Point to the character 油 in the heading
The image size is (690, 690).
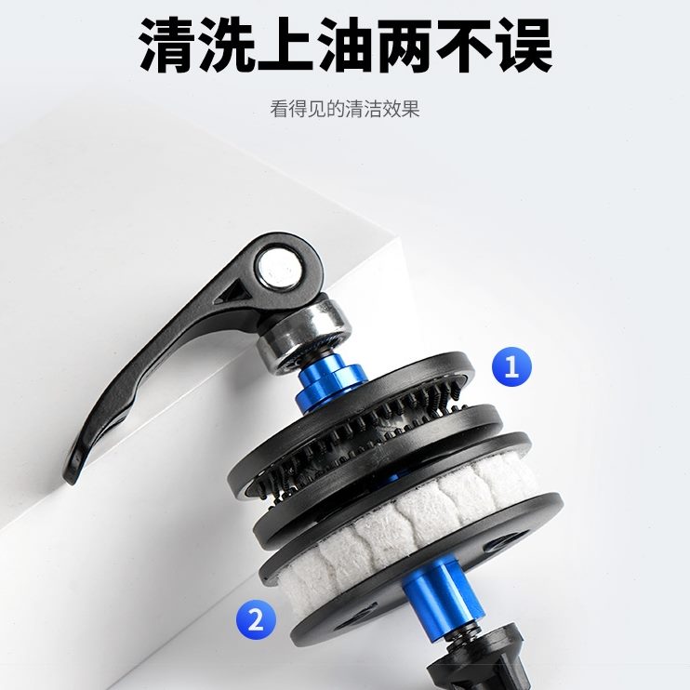346,43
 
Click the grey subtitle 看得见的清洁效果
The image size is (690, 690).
345,109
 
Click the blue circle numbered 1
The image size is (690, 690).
511,366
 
